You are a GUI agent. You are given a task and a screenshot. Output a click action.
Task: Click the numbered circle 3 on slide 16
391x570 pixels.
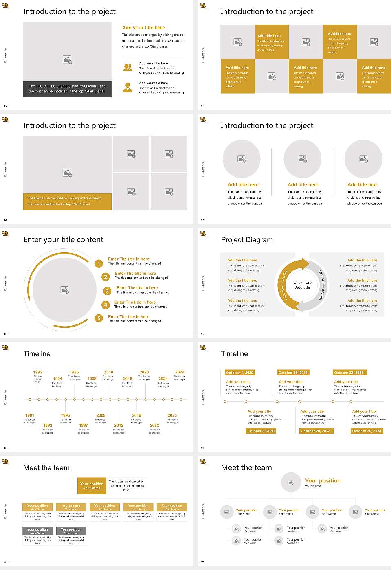tap(107, 291)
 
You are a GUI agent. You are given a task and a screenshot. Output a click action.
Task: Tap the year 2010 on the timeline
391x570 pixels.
tap(108, 372)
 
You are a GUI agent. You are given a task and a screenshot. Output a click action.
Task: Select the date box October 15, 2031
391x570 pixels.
tap(293, 373)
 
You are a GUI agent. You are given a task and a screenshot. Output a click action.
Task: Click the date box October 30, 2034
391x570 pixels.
tap(367, 431)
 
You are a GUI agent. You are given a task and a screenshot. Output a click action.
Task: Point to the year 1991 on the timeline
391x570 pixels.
tap(30, 415)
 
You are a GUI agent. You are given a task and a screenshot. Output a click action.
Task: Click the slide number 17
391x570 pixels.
tap(203, 334)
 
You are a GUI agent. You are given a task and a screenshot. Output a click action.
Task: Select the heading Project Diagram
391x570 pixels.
tap(247, 240)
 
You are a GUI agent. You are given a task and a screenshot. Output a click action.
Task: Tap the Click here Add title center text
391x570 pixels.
tap(302, 285)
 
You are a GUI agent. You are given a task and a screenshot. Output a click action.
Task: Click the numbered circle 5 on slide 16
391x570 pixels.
tap(99, 318)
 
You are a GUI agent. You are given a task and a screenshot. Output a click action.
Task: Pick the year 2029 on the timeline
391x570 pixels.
tap(180, 372)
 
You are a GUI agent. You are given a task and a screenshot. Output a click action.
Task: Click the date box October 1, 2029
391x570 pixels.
tap(239, 373)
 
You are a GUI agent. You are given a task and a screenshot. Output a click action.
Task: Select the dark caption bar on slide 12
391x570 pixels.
tap(67, 89)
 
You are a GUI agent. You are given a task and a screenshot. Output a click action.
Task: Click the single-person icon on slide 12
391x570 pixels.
tap(127, 88)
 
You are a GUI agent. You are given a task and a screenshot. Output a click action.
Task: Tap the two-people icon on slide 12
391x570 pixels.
tap(127, 68)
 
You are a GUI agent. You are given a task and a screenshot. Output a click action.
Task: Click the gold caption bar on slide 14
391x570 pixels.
tap(67, 202)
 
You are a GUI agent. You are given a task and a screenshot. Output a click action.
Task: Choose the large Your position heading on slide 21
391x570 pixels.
tap(323, 481)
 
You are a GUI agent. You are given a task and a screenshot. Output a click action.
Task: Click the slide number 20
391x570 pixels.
tap(5, 562)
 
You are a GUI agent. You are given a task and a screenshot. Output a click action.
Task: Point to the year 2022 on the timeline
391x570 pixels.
tap(154, 425)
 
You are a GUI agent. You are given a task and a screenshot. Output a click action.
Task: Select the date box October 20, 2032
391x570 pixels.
tap(315, 431)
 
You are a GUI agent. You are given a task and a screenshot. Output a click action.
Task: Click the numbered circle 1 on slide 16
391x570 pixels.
tap(99, 264)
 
